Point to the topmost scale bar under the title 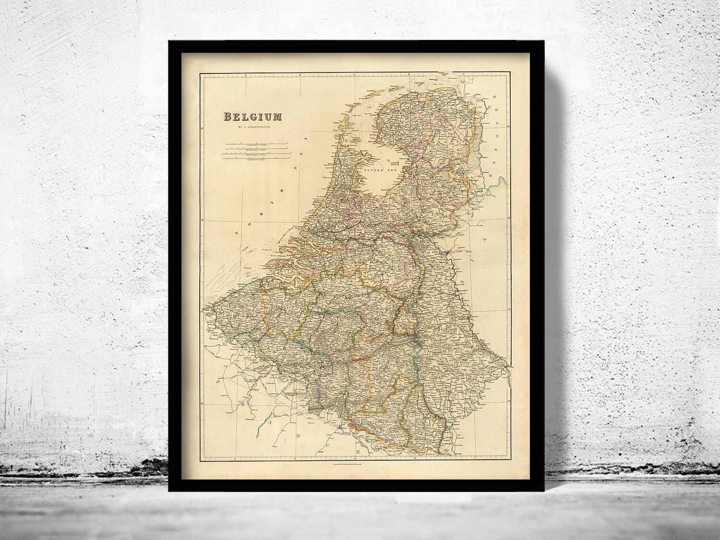[257, 144]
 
